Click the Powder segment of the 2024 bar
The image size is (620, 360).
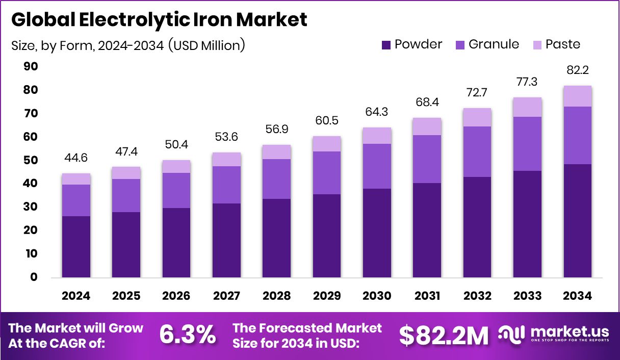[x=76, y=247]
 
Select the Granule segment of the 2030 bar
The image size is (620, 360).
[x=377, y=166]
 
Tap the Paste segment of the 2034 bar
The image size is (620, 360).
[x=578, y=96]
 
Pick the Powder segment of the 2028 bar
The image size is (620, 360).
[x=277, y=238]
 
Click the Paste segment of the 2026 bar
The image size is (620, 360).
[x=176, y=166]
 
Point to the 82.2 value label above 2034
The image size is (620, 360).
[x=578, y=70]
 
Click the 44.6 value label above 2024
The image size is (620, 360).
[x=76, y=158]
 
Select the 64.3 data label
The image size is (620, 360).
[x=377, y=112]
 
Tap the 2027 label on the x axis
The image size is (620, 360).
[x=226, y=296]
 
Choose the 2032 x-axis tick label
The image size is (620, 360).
[x=477, y=296]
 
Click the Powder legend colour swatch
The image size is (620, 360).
[x=386, y=45]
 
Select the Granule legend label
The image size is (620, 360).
[x=494, y=44]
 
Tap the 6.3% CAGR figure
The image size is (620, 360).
[x=187, y=335]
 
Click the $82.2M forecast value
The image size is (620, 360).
[x=444, y=335]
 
